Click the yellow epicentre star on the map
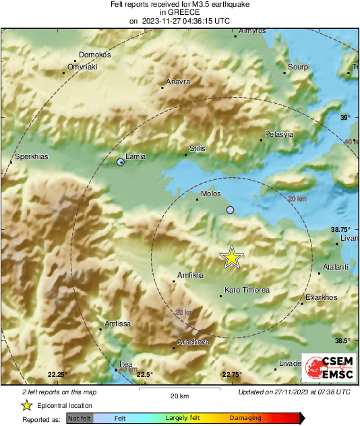point(232,257)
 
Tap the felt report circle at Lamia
point(121,162)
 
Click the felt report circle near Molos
point(231,210)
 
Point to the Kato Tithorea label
point(246,290)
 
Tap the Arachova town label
point(193,342)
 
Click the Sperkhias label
point(31,156)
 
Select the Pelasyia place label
point(279,134)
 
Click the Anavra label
point(178,82)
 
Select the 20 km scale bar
point(179,390)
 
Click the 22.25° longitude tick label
point(57,374)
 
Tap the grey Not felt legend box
point(80,419)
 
